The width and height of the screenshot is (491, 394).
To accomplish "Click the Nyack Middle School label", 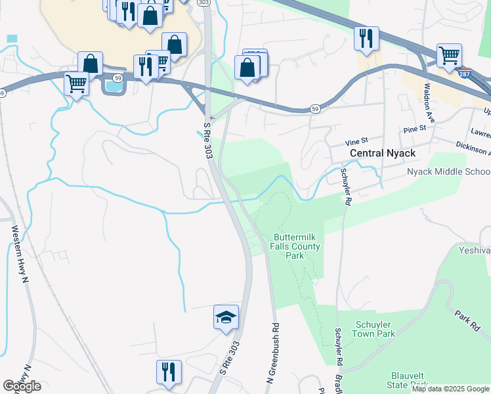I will coord(448,171).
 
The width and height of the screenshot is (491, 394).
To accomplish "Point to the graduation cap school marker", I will coord(226,318).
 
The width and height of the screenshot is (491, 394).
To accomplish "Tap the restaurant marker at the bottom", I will coord(169,372).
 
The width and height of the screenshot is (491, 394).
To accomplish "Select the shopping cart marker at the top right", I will coord(449,55).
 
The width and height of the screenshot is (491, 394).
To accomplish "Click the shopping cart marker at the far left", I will coord(77,84).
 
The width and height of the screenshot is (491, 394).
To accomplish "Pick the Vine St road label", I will coord(357,142).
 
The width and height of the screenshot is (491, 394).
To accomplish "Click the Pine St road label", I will coord(415,129).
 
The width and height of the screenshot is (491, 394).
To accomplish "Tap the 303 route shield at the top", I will coord(203,3).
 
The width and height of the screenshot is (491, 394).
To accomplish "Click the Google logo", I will coord(22,386).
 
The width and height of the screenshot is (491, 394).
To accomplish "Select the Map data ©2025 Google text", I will coord(450,389).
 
